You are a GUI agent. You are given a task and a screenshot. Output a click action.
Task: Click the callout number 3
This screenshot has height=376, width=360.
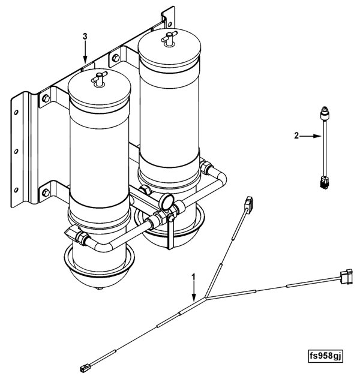(85, 37)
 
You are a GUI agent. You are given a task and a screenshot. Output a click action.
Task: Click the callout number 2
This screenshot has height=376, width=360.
(296, 136)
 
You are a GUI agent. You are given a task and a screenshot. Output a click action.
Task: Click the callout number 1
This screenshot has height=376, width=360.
(193, 277)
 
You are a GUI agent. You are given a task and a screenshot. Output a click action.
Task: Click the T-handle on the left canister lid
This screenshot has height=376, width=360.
(98, 79)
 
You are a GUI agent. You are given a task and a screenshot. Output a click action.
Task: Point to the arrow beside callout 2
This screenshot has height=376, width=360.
(311, 136)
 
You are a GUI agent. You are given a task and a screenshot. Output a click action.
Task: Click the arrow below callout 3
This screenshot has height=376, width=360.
(85, 52)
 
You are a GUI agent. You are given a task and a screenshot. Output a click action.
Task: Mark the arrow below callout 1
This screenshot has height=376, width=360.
(194, 291)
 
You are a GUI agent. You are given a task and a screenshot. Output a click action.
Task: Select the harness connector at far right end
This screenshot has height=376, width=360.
(346, 276)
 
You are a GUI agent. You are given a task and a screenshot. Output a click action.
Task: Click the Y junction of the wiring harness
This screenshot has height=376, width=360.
(206, 297)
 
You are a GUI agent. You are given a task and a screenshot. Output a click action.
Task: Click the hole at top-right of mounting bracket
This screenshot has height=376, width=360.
(170, 24)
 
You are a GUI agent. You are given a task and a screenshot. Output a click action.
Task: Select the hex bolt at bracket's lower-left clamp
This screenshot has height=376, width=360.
(46, 192)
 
